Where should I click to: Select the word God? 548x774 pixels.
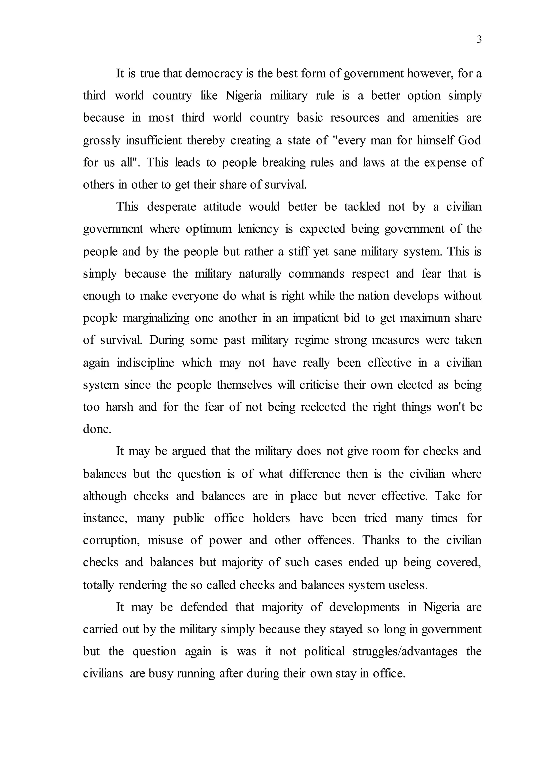[x=469, y=140]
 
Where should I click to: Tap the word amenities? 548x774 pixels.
[x=435, y=118]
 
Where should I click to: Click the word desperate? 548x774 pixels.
[x=172, y=206]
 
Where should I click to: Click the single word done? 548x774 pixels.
[x=97, y=429]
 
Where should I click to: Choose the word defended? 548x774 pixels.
[x=204, y=607]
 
